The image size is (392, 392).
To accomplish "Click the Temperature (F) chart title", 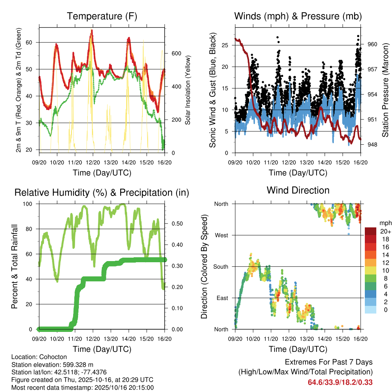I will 102,16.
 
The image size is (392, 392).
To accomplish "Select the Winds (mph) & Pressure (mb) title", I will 298,16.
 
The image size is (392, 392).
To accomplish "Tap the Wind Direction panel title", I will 298,190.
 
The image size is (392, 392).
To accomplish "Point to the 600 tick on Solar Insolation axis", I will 176,53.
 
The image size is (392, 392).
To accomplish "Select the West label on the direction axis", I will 222,235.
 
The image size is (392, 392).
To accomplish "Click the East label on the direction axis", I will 222,298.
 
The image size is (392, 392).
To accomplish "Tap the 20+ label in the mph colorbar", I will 385,231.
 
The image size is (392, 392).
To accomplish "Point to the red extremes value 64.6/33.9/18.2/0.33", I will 340,382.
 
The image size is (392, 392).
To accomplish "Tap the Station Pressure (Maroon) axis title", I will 385,90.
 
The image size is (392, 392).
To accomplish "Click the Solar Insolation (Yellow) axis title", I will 188,90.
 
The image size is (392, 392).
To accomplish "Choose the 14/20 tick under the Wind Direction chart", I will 325,339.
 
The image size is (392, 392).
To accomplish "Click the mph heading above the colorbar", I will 385,223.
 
